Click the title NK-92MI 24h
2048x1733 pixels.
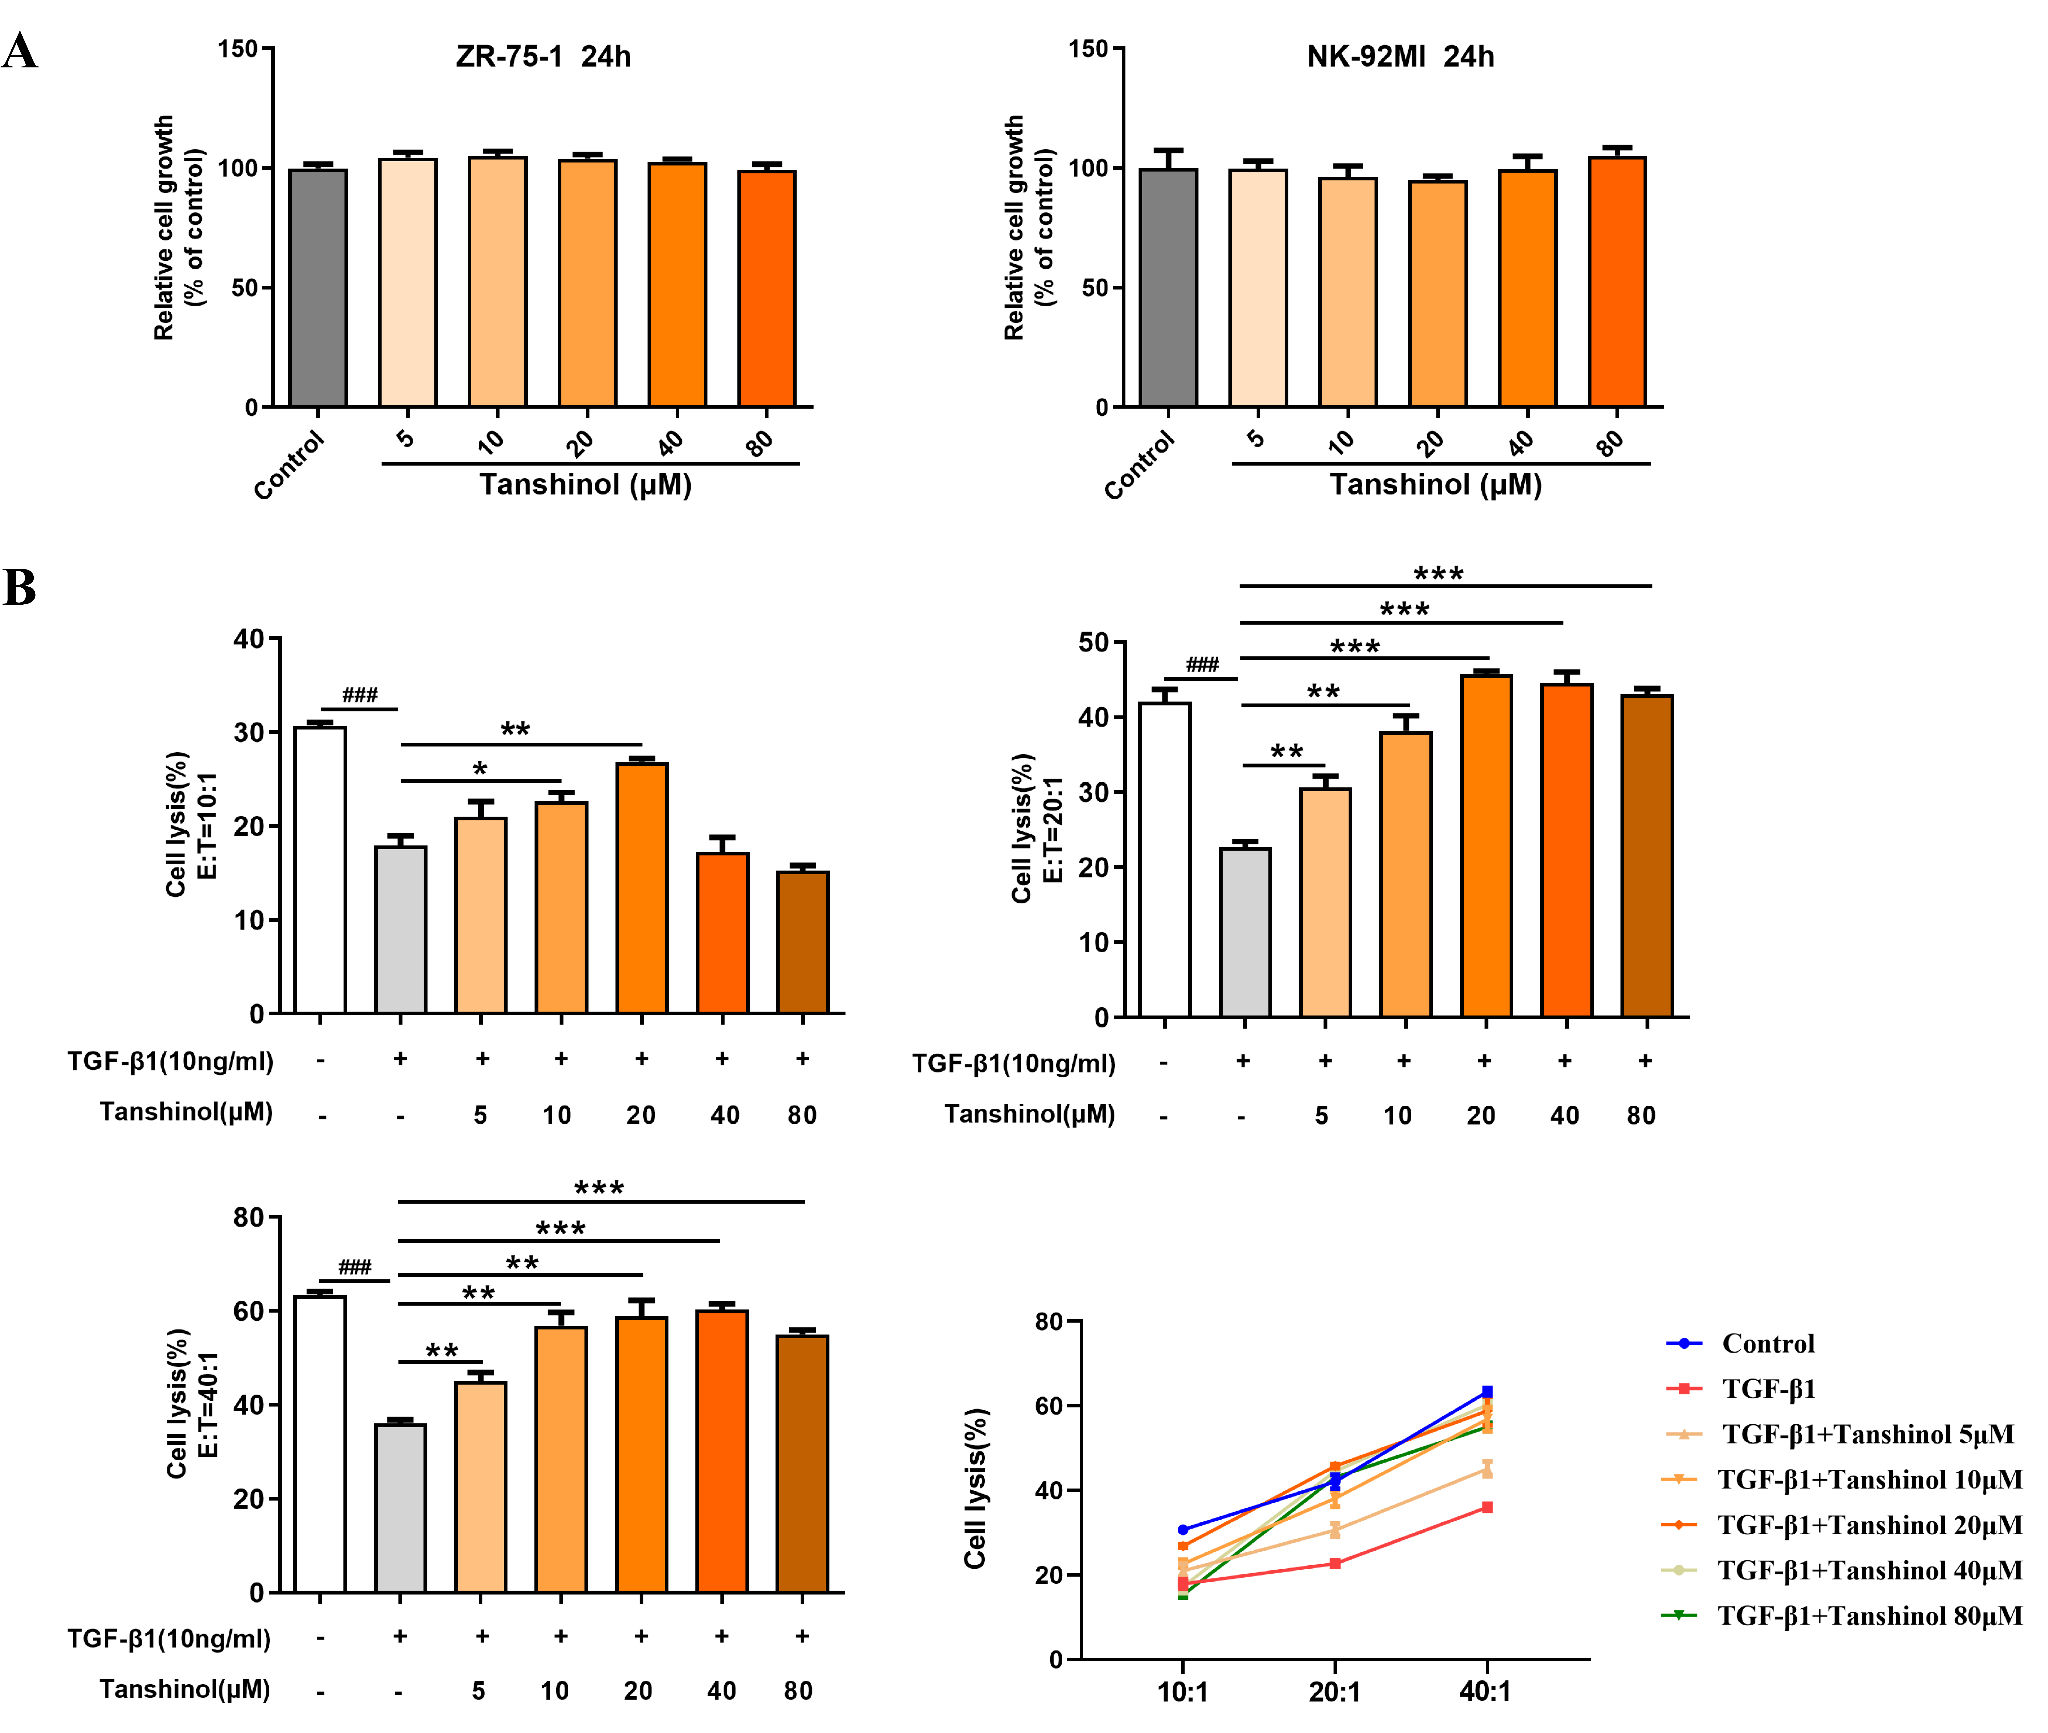(1400, 57)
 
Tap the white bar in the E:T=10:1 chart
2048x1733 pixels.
(320, 869)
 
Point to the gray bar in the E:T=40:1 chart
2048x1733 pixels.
(401, 1508)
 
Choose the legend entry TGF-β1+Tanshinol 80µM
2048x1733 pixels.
(1868, 1616)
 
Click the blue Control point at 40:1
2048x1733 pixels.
(1487, 1392)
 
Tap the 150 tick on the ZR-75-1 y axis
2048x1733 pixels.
(238, 49)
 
